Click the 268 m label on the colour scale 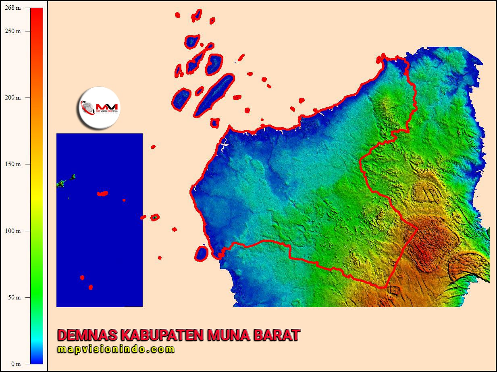[x=15, y=8]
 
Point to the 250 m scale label [x=15, y=31]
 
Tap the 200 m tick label [x=15, y=98]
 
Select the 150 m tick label [x=15, y=164]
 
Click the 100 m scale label [x=15, y=231]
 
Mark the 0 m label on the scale [x=16, y=364]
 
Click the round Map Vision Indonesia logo [x=99, y=108]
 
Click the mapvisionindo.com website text [x=116, y=349]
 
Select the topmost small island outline [x=177, y=15]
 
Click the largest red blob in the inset [x=103, y=193]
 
